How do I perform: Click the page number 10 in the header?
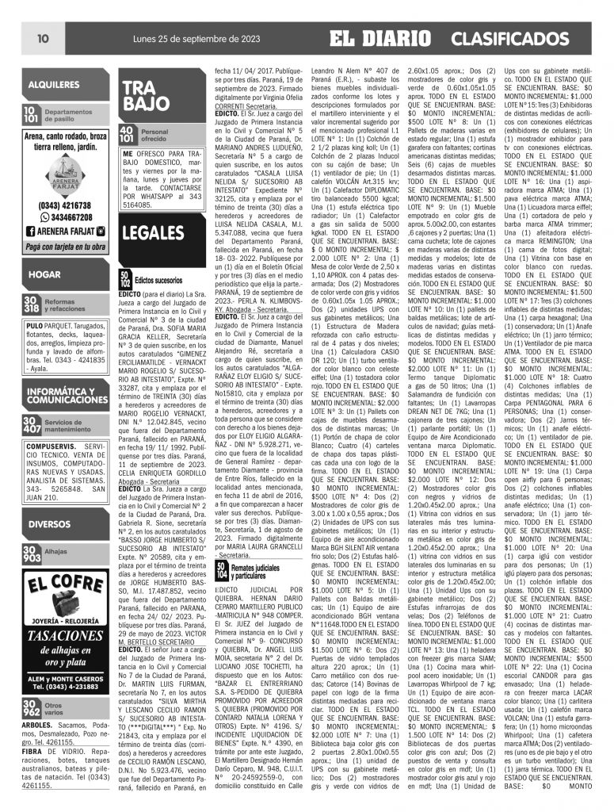43,38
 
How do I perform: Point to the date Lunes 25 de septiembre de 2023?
162,38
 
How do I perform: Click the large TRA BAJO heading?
146,95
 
